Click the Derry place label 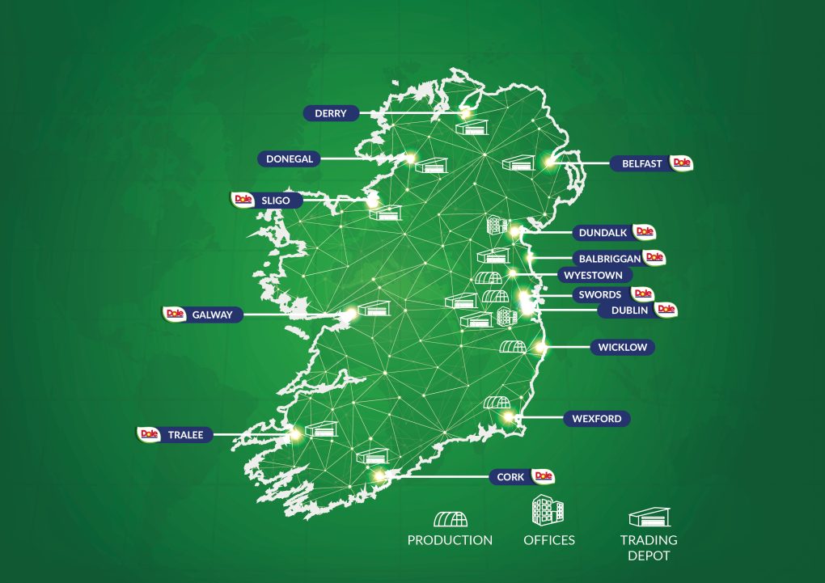pyautogui.click(x=330, y=114)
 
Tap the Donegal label pyautogui.click(x=289, y=159)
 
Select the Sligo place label pyautogui.click(x=270, y=201)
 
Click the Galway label pyautogui.click(x=213, y=315)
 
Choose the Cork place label pyautogui.click(x=510, y=477)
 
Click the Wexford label pyautogui.click(x=597, y=419)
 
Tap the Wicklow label pyautogui.click(x=623, y=348)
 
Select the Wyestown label pyautogui.click(x=594, y=275)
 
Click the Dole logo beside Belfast pyautogui.click(x=682, y=163)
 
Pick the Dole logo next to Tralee pyautogui.click(x=149, y=434)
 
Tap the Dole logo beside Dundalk pyautogui.click(x=645, y=232)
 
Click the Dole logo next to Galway pyautogui.click(x=174, y=314)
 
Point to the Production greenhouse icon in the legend pyautogui.click(x=450, y=518)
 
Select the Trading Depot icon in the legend pyautogui.click(x=649, y=518)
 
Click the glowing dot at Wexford pyautogui.click(x=508, y=417)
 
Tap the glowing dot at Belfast pyautogui.click(x=551, y=163)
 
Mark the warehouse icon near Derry pyautogui.click(x=472, y=127)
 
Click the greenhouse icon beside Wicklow pyautogui.click(x=512, y=347)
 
